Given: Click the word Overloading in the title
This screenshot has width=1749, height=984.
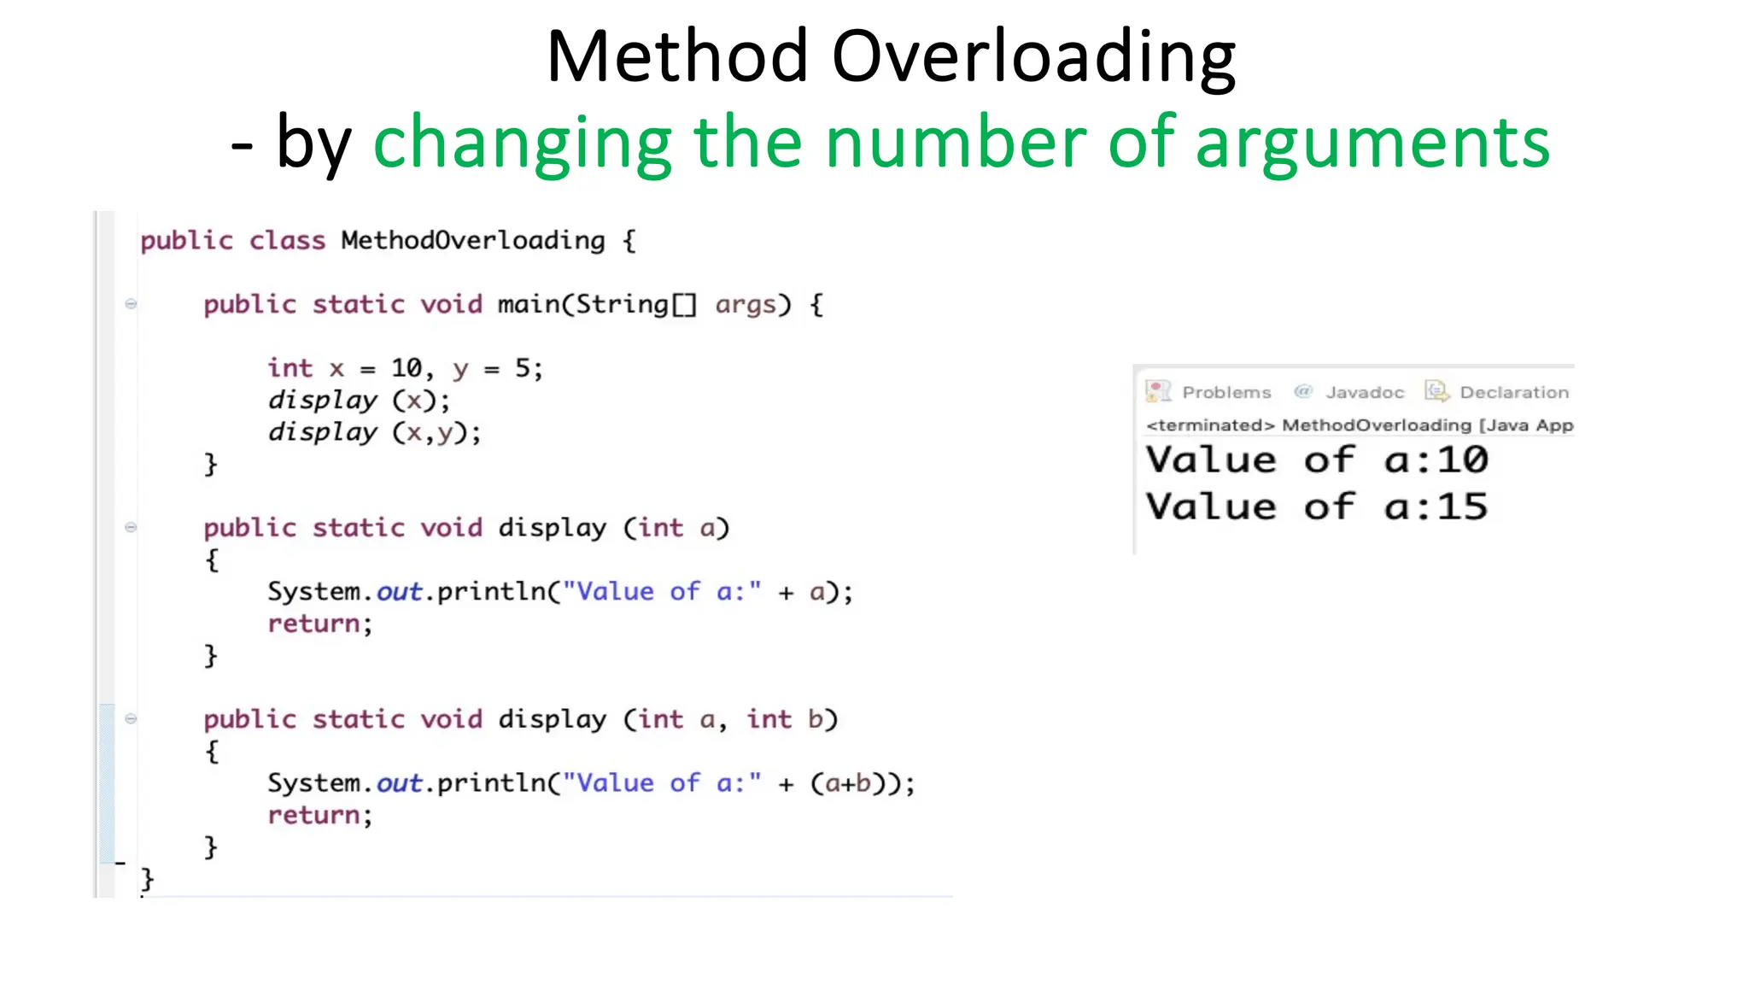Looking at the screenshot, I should point(1033,57).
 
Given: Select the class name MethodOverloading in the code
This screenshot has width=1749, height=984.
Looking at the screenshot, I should point(472,241).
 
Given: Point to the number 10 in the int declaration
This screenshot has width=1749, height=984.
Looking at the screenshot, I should point(407,368).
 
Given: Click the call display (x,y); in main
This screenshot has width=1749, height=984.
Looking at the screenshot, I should point(374,432).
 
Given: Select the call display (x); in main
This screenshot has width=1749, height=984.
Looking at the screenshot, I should point(359,401).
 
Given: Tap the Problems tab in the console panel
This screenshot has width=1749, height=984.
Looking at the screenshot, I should point(1226,392).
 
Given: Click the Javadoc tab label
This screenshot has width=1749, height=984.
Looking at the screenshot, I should point(1365,392).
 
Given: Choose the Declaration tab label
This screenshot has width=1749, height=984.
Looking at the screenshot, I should point(1514,392).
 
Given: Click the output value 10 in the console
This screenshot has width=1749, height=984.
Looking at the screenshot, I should point(1463,460).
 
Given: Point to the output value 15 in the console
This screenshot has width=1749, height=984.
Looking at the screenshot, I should point(1463,507).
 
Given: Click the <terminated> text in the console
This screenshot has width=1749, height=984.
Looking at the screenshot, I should point(1210,425).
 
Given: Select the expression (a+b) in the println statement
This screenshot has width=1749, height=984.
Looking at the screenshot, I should point(848,783).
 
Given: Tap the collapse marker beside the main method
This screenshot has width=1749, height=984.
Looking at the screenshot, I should point(131,303).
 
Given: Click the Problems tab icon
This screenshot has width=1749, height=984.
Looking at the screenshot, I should point(1158,391).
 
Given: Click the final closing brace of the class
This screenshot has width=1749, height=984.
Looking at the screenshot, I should point(147,878).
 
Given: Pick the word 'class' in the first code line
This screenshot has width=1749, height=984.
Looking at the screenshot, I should point(287,241).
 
